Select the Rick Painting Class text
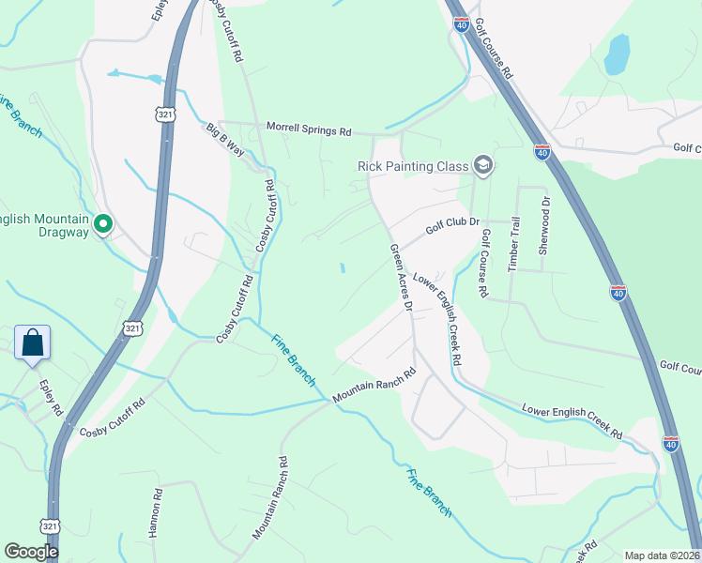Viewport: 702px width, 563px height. point(413,166)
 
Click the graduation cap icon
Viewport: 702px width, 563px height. point(482,166)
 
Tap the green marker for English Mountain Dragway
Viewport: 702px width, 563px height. point(103,224)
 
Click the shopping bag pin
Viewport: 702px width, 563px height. point(33,343)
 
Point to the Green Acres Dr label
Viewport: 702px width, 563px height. point(402,278)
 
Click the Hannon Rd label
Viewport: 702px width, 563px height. point(156,511)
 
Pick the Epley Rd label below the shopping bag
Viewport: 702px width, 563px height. point(51,398)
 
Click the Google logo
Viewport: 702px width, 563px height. point(31,552)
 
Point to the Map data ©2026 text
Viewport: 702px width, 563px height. point(662,555)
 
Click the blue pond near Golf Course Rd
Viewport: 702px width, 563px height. point(617,54)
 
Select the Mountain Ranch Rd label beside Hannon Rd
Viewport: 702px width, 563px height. point(268,498)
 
